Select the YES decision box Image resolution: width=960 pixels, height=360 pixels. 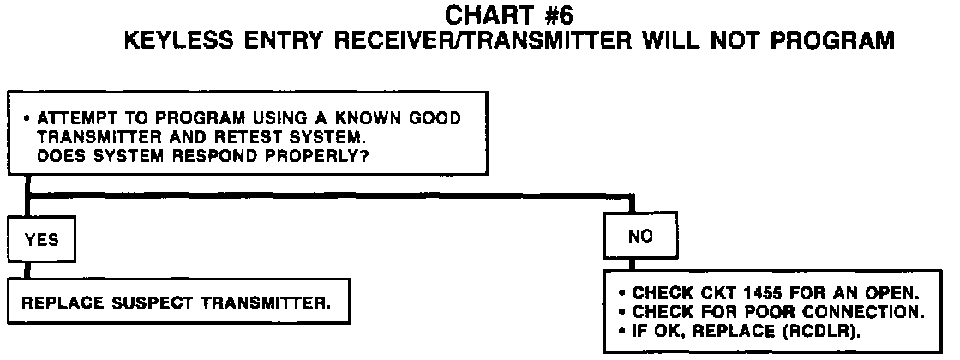pos(42,241)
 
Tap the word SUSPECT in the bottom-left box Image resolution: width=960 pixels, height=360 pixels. pos(143,303)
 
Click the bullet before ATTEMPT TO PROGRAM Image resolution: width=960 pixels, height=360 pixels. pos(28,118)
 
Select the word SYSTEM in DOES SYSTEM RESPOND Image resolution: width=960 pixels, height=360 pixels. pos(108,156)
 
